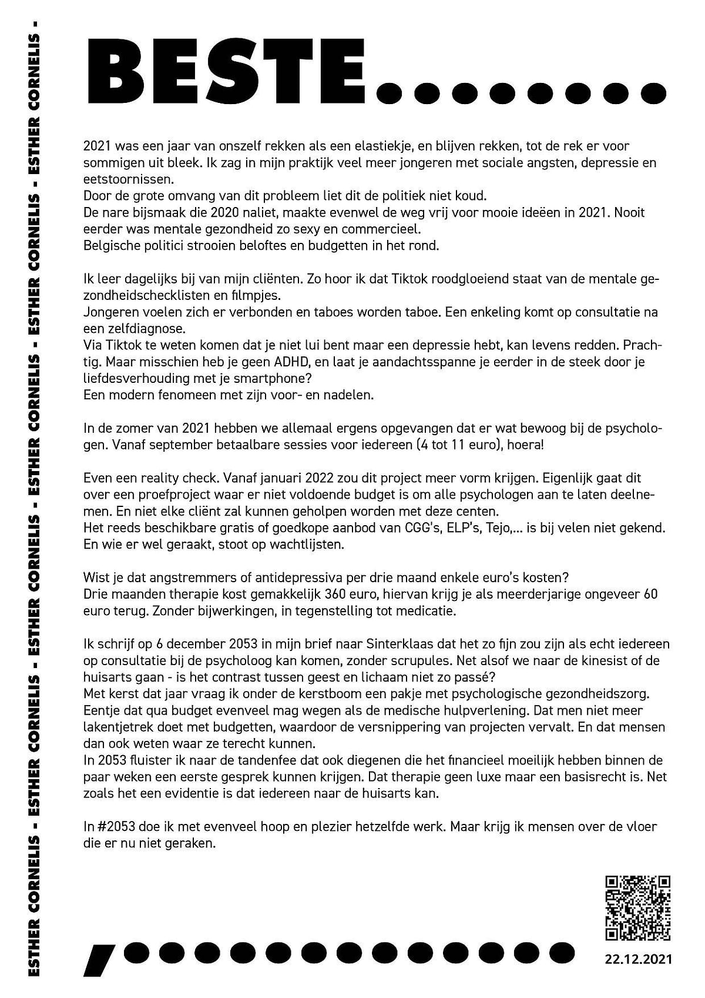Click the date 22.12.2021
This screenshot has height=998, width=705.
[638, 959]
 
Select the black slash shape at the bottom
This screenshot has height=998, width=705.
[100, 959]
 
